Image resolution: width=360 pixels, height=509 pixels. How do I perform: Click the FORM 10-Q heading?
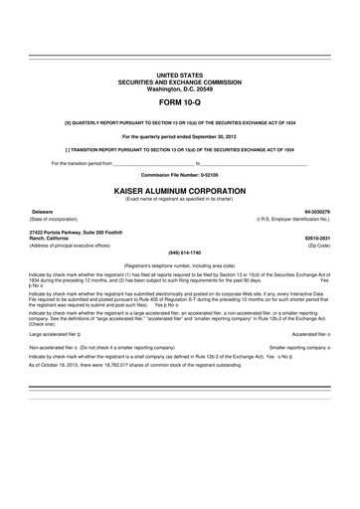click(179, 102)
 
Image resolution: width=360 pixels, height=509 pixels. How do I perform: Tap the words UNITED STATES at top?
click(179, 76)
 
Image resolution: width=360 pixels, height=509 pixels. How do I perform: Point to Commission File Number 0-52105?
click(179, 172)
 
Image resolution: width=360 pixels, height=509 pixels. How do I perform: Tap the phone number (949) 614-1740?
click(179, 251)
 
